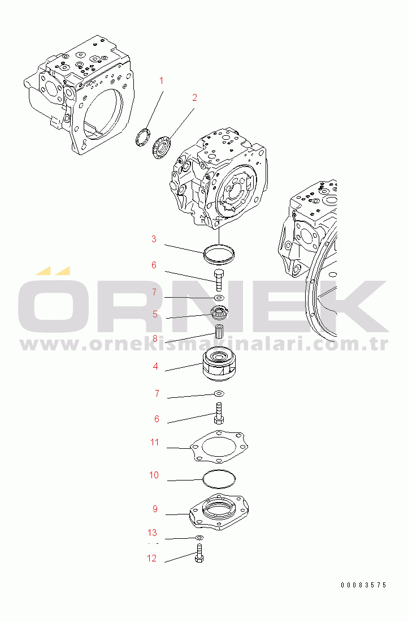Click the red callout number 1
(161, 80)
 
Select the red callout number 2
(194, 97)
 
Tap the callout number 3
(154, 239)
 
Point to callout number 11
(154, 442)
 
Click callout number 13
(152, 533)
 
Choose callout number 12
(151, 558)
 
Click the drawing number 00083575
(363, 585)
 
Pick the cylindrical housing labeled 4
(219, 364)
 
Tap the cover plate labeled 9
(219, 512)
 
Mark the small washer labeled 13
(199, 538)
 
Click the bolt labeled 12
(199, 553)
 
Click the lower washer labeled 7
(219, 393)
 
